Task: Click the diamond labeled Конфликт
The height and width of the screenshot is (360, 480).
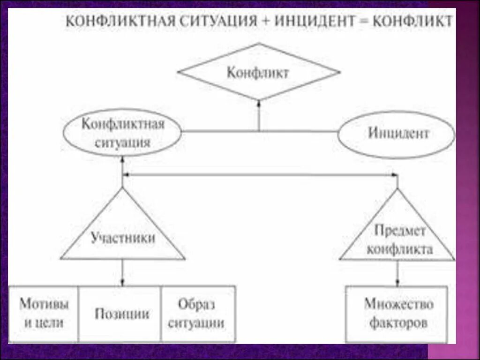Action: [259, 72]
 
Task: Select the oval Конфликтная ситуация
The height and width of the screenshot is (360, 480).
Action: [123, 134]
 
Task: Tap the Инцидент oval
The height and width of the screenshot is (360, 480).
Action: [397, 134]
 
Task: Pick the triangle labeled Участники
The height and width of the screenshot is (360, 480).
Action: [123, 237]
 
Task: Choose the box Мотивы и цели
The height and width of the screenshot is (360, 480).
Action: [44, 314]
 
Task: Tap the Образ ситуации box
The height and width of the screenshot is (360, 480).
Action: [197, 314]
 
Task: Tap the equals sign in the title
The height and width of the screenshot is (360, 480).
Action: [366, 22]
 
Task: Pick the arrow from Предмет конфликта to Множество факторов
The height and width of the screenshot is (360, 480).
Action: [397, 274]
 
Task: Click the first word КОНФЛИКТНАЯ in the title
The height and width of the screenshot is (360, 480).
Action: [124, 22]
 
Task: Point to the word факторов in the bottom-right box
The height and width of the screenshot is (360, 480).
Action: [398, 323]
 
